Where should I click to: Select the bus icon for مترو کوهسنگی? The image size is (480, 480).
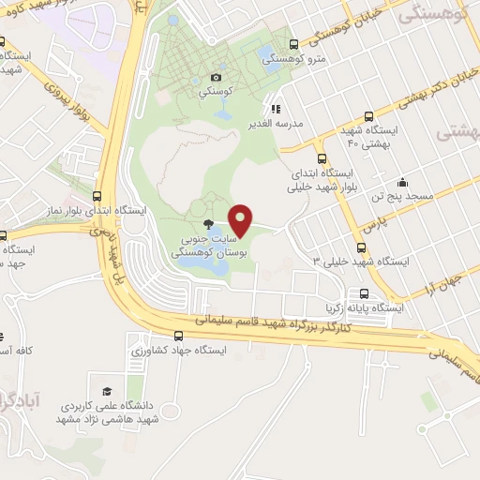293,44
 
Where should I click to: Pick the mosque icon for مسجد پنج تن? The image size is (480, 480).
402,182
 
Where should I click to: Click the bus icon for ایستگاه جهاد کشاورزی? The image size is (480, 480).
179,336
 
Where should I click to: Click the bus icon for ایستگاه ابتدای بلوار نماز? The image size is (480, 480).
96,195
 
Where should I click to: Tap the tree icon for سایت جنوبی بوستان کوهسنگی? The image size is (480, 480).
208,224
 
